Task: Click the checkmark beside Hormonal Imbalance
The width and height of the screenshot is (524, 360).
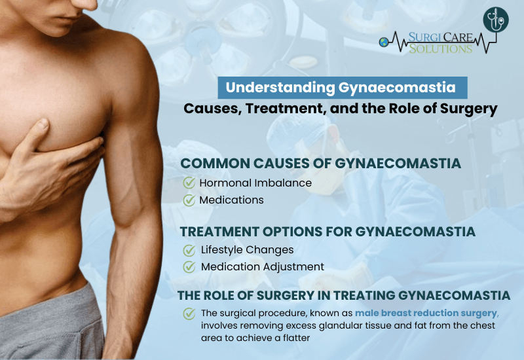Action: pos(189,183)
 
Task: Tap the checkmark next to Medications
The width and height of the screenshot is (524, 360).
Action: pos(189,200)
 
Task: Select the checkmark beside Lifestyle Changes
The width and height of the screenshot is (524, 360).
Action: pos(189,250)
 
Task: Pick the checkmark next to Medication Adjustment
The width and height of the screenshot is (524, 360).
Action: pos(189,267)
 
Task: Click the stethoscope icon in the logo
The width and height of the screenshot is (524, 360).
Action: pos(496,20)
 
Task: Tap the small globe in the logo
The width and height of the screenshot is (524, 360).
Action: pos(384,43)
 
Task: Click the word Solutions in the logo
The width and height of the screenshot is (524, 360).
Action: pos(441,48)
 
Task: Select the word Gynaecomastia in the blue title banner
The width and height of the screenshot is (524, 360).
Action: pos(397,88)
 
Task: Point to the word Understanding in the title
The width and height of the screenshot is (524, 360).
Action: pos(280,88)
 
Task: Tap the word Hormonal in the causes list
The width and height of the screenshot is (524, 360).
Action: pos(225,183)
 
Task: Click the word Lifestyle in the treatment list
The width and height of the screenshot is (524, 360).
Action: pos(221,250)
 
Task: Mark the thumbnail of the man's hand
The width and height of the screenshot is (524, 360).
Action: pos(42,125)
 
